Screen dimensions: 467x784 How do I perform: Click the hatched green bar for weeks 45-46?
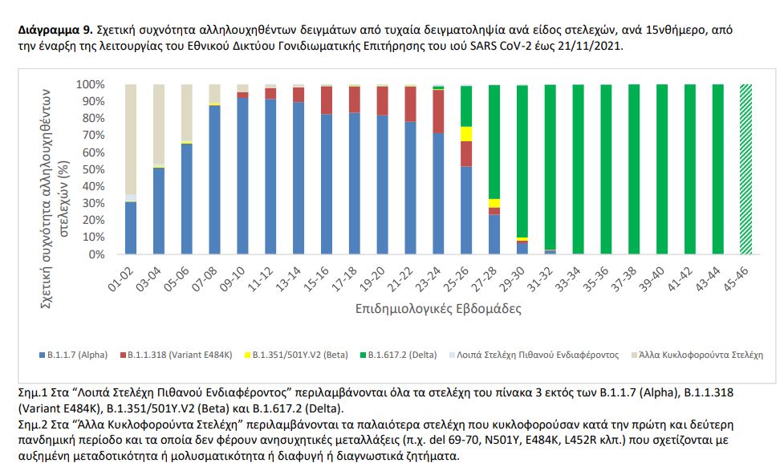[x=745, y=169]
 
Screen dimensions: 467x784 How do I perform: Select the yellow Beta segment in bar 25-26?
[x=466, y=133]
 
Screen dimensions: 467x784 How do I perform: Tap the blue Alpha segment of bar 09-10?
[x=242, y=177]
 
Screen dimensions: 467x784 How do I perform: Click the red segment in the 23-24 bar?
[x=438, y=112]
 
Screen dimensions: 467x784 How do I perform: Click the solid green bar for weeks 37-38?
[x=634, y=169]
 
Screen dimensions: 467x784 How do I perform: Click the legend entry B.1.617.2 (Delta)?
[x=404, y=354]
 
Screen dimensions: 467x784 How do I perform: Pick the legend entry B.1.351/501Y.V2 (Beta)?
[x=293, y=354]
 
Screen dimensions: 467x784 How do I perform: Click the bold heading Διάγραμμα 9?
[x=52, y=30]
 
